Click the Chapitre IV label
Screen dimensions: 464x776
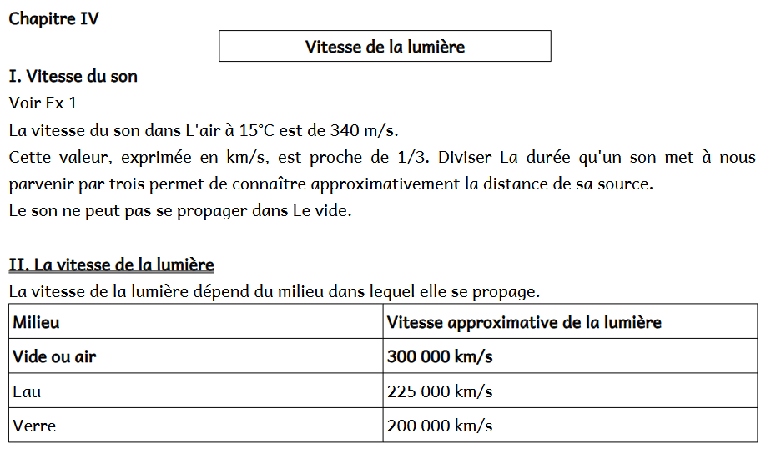coord(53,18)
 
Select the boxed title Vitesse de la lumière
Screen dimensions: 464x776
coord(385,47)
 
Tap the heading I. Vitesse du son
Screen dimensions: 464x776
coord(73,77)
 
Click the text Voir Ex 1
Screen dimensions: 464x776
coord(43,103)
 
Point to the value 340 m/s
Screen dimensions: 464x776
coord(365,130)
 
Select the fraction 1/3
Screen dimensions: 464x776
coord(413,157)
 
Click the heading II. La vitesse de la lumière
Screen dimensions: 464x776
coord(111,265)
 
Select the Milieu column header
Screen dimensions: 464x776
coord(36,322)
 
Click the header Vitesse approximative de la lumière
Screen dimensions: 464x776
coord(524,322)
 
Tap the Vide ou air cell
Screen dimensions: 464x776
coord(54,357)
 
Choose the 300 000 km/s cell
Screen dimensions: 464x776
coord(440,357)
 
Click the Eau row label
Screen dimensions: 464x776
coord(27,391)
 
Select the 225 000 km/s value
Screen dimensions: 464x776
coord(440,391)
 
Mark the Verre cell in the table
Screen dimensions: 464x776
coord(34,426)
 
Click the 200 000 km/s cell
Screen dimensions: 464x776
coord(440,426)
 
